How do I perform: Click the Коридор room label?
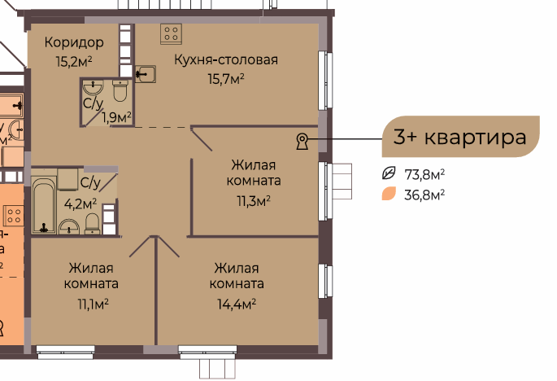[x=74, y=42]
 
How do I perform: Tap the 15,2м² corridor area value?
[x=74, y=62]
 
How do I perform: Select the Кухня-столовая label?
[x=226, y=59]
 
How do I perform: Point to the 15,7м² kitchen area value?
[x=226, y=79]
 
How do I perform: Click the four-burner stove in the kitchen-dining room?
[x=171, y=34]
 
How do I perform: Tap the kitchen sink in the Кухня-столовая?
[x=146, y=74]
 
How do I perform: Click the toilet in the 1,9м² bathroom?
[x=120, y=90]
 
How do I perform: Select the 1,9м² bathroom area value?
[x=117, y=116]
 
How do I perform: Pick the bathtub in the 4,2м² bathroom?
[x=44, y=206]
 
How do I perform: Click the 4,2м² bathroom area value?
[x=81, y=204]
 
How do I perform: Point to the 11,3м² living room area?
[x=254, y=201]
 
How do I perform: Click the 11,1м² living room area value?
[x=93, y=304]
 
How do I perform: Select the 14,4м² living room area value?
[x=237, y=304]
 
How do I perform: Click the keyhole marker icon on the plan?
[x=302, y=141]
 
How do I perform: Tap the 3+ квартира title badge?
[x=460, y=137]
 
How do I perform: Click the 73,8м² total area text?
[x=424, y=175]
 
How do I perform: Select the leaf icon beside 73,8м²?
[x=389, y=173]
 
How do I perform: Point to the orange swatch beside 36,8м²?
[x=389, y=194]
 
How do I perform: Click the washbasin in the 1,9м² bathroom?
[x=93, y=88]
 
